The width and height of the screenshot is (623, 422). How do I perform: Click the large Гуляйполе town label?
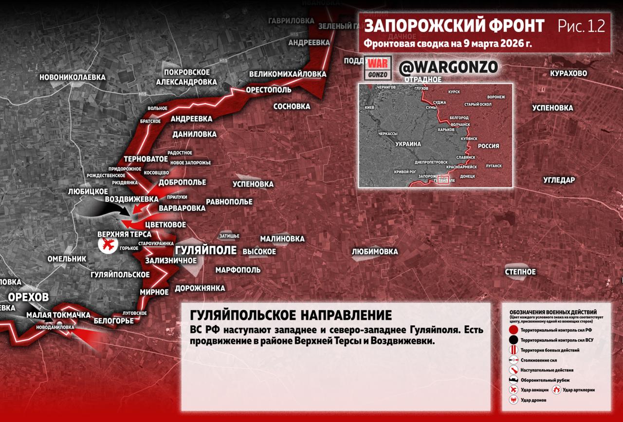tap(205, 250)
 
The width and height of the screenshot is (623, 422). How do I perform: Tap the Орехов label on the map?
tap(28, 297)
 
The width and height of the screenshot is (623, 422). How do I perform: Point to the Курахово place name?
tap(568, 73)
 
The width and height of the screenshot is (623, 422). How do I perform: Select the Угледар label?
tap(559, 180)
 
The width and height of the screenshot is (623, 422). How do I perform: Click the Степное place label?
tap(520, 272)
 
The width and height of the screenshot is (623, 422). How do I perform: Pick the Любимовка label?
tap(375, 252)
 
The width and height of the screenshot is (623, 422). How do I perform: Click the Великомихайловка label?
tap(288, 74)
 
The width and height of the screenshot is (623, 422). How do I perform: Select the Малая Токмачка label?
tap(58, 315)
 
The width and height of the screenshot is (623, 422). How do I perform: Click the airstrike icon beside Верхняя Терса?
tap(108, 244)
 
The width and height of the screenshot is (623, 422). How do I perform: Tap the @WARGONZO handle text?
tap(448, 67)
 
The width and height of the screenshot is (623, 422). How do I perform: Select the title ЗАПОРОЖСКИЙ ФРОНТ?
tap(454, 26)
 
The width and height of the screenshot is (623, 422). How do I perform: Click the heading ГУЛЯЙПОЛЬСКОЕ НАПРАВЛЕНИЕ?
tap(291, 315)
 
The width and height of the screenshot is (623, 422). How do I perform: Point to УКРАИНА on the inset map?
tap(407, 144)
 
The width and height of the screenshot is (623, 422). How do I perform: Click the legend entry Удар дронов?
tap(533, 400)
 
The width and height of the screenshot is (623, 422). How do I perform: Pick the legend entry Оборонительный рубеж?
tap(545, 380)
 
